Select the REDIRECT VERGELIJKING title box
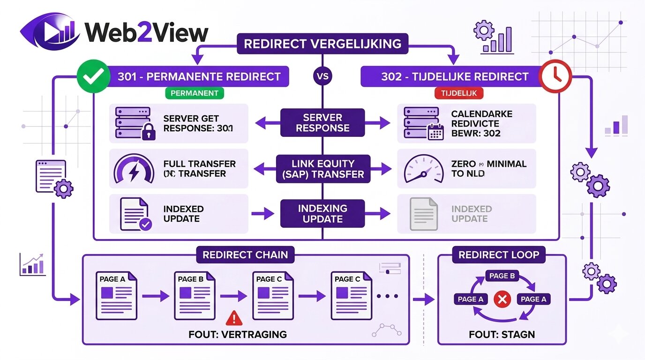tap(322, 44)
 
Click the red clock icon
tap(556, 76)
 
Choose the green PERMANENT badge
tap(194, 93)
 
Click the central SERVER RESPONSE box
tap(322, 123)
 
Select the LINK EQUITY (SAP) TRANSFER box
tap(322, 169)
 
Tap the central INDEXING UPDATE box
tap(322, 214)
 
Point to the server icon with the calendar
tap(422, 123)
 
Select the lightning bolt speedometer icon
tap(134, 169)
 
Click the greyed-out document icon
tap(423, 214)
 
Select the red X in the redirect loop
tap(502, 300)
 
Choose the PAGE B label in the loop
tap(502, 276)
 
